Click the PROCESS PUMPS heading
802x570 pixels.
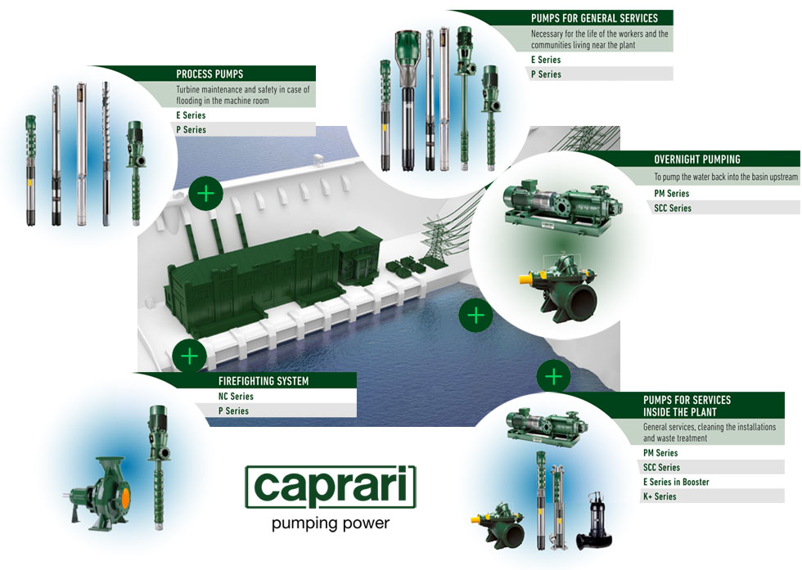[x=210, y=74]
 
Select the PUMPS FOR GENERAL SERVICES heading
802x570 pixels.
[x=594, y=19]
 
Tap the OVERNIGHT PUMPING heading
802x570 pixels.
[x=697, y=159]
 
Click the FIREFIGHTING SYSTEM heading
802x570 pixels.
[x=264, y=381]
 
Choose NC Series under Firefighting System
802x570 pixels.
[x=236, y=396]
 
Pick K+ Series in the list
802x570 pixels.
[x=660, y=496]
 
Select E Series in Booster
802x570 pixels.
[x=676, y=482]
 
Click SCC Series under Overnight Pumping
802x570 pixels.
[x=673, y=208]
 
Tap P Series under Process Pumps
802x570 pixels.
[x=191, y=130]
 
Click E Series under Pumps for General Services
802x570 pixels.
[x=546, y=60]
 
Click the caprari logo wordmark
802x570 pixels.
[x=331, y=487]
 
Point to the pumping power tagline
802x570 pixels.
[x=331, y=523]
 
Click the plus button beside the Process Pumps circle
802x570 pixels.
[x=205, y=193]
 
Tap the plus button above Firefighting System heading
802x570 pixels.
[x=190, y=356]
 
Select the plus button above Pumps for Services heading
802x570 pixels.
[x=553, y=377]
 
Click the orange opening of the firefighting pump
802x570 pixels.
[x=124, y=494]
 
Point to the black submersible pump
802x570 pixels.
[x=594, y=522]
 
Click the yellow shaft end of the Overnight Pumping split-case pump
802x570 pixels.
[x=526, y=280]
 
